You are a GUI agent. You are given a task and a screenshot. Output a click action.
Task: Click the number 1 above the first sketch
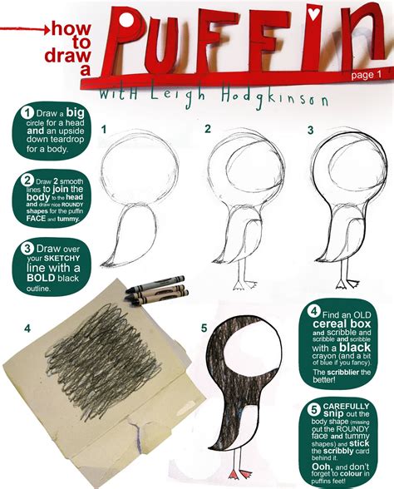point(104,130)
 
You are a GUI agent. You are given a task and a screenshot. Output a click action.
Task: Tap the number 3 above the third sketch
point(309,130)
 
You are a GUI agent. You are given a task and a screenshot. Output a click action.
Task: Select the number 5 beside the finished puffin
point(203,328)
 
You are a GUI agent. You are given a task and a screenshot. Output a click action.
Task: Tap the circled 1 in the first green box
point(27,113)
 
